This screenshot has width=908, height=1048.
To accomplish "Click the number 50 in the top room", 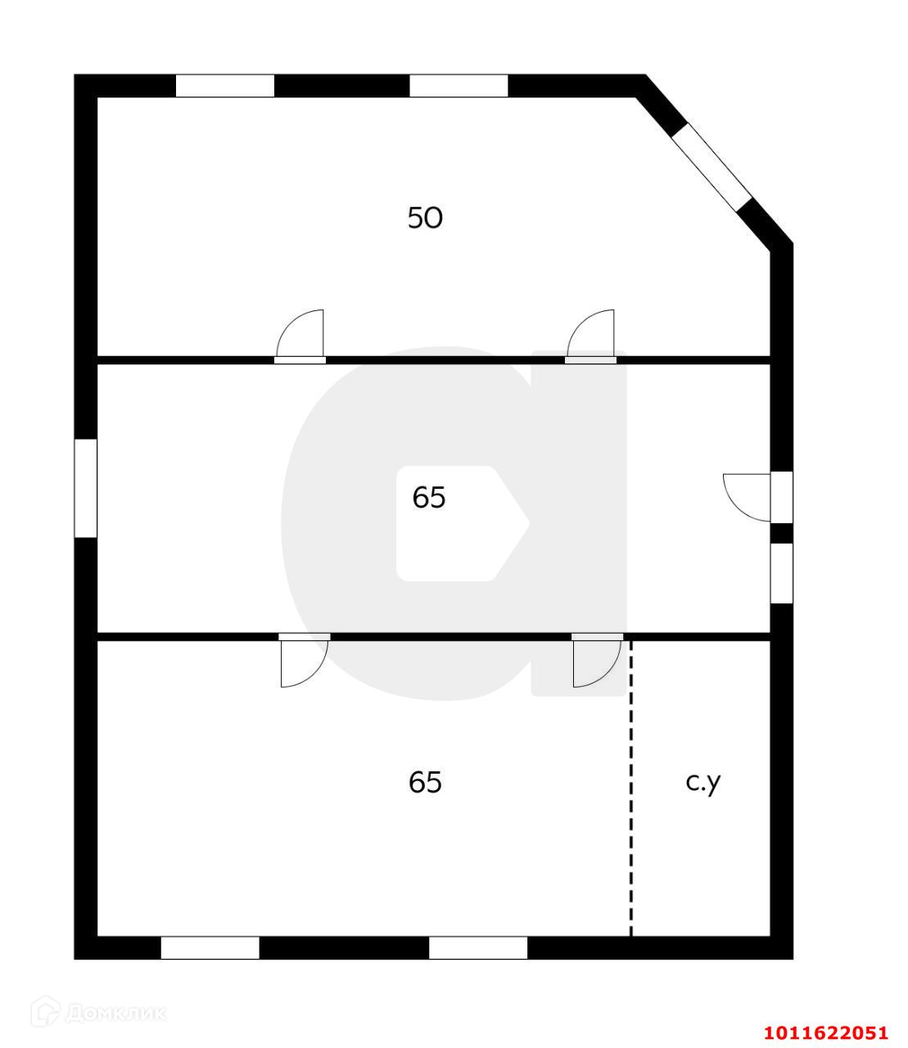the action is click(x=425, y=218).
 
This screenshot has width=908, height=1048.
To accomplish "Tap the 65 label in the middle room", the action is click(x=428, y=497).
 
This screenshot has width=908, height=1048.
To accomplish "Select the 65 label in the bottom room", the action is click(x=425, y=783).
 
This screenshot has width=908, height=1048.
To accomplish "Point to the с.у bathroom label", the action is click(x=703, y=782).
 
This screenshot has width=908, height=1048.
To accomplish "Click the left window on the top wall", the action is click(x=225, y=86).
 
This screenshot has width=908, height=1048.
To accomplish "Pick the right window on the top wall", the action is click(x=459, y=86).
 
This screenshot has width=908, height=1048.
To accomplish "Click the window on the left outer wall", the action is click(x=86, y=488).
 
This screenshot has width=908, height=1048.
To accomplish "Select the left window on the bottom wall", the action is click(x=210, y=947).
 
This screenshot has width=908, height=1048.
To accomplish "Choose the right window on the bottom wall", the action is click(x=478, y=947).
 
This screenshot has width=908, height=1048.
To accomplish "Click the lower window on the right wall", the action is click(x=782, y=573).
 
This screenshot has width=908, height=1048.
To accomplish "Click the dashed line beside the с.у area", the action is click(x=631, y=786).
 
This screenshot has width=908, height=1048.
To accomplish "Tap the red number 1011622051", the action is click(x=825, y=1033).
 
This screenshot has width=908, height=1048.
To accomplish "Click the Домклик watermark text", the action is click(x=115, y=1013).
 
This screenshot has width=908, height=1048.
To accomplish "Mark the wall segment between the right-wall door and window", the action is click(x=782, y=533).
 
